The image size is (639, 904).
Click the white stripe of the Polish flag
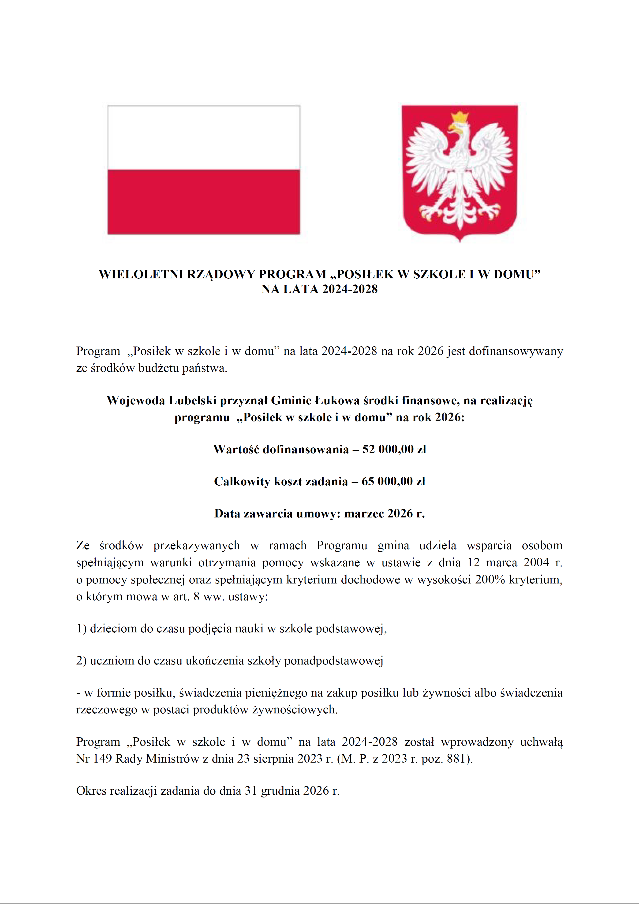pos(204,138)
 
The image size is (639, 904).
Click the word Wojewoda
pos(136,400)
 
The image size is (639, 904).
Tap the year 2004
pos(536,562)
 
